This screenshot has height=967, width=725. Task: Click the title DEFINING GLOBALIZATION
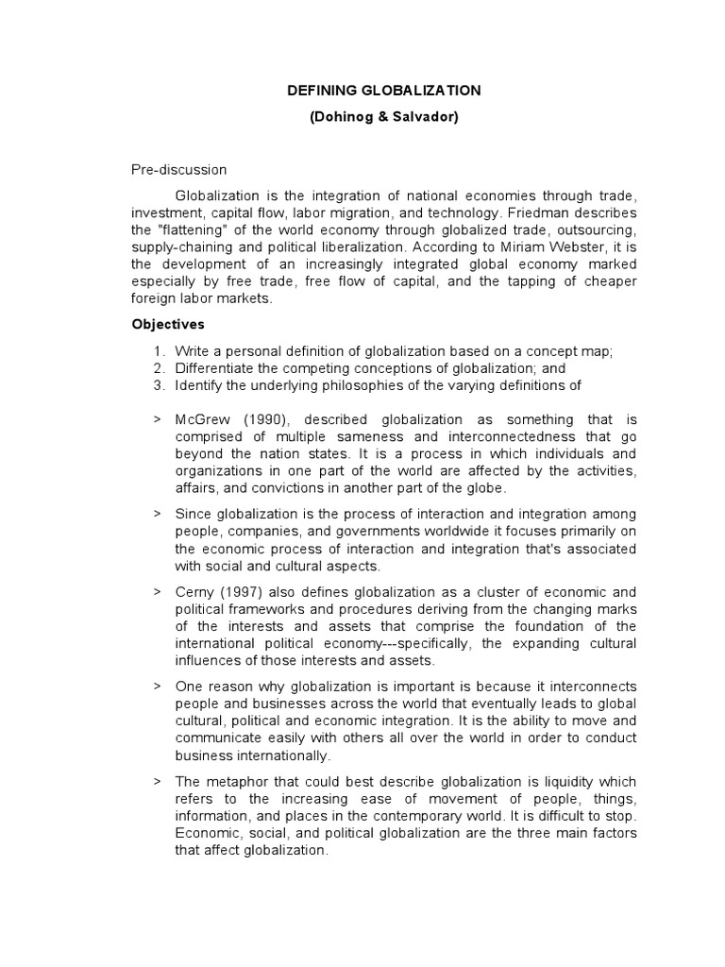pos(384,91)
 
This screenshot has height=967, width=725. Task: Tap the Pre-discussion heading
pos(178,170)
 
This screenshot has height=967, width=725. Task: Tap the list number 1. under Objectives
pos(159,351)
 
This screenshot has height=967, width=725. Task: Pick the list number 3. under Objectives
pos(159,385)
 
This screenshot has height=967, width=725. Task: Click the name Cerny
pos(195,591)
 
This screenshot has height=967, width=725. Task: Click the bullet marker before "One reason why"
pos(157,686)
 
